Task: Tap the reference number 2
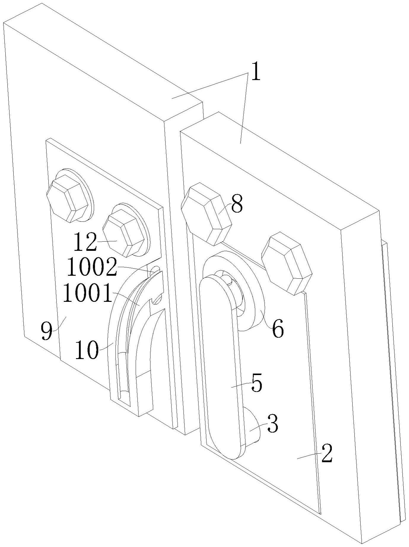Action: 327,454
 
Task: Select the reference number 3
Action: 273,424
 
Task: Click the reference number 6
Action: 278,329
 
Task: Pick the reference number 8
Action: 237,204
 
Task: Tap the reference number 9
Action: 46,331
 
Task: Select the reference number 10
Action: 86,350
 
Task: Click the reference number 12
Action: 85,242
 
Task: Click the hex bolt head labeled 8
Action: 206,214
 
